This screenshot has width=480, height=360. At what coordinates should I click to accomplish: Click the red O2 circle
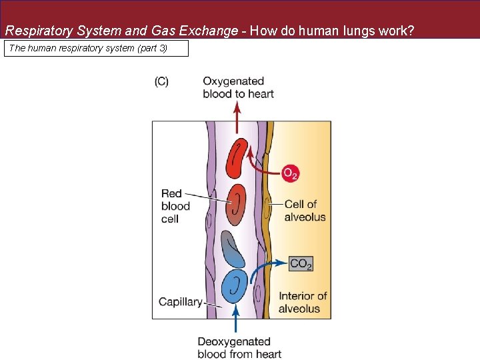[290, 173]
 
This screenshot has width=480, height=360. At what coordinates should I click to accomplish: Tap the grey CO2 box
[301, 264]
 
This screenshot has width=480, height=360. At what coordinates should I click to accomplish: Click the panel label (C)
[161, 81]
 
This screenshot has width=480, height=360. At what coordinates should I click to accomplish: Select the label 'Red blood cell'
[175, 206]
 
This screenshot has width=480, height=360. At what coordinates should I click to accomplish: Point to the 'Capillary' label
[180, 302]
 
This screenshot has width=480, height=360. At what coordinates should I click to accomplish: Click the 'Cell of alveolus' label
[305, 211]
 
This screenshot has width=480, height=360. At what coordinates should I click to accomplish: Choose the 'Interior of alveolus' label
[303, 302]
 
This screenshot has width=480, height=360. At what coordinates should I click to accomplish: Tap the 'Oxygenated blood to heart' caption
[238, 87]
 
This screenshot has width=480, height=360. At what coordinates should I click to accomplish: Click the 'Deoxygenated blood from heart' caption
[239, 347]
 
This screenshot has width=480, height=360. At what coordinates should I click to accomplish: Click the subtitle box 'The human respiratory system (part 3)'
[97, 48]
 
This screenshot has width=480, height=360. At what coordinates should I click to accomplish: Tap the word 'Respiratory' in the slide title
[36, 31]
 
